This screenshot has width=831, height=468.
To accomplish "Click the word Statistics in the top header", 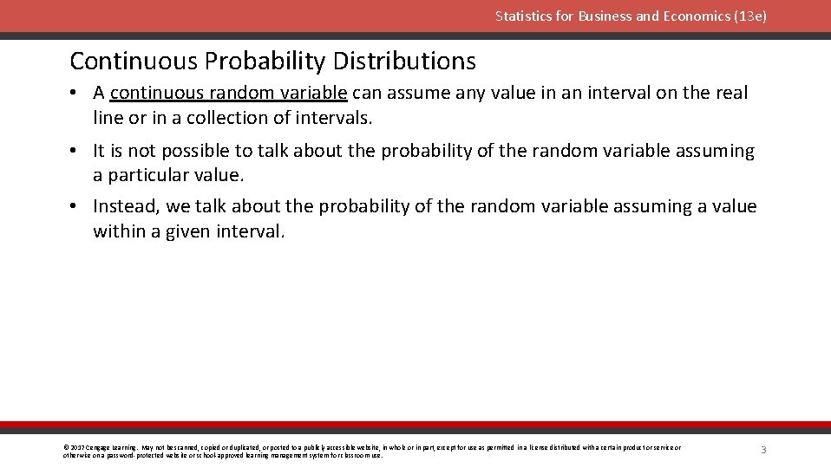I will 521,16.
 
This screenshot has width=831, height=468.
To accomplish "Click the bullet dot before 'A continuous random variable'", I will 76,93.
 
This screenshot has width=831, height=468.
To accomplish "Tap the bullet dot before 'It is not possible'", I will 76,151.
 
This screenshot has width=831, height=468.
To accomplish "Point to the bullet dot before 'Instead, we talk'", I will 76,206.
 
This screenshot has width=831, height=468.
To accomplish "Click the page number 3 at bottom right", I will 763,450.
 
